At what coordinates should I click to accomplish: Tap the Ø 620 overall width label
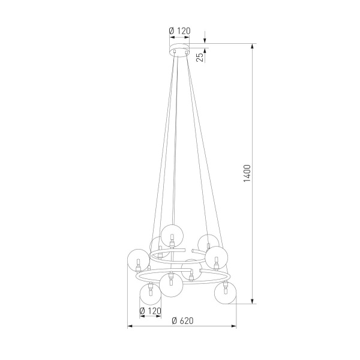point(182,320)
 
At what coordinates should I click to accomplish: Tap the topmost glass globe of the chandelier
point(172,233)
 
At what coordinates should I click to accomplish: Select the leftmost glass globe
point(138,262)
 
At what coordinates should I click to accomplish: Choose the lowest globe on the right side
point(225,293)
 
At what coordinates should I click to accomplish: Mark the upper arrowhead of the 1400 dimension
point(252,46)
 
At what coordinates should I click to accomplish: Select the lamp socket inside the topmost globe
point(172,236)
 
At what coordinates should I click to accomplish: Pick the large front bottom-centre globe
point(172,284)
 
